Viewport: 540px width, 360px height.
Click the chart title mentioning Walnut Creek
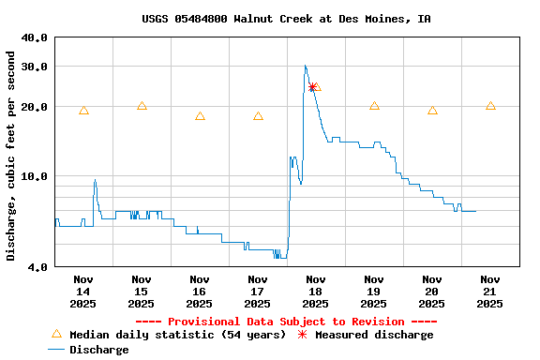(286, 19)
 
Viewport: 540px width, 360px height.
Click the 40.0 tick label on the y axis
(35, 37)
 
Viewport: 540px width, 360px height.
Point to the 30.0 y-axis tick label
(35, 67)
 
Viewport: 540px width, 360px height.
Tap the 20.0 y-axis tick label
(35, 107)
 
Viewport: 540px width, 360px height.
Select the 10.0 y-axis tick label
(35, 176)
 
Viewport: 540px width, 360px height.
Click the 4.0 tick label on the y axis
(37, 267)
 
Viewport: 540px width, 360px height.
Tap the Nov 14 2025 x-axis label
(83, 291)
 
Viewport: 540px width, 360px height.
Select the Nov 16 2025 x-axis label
(200, 291)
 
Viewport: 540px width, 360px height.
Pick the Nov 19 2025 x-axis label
(374, 291)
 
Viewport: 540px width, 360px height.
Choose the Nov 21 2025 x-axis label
(490, 291)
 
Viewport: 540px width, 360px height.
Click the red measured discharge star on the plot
(312, 87)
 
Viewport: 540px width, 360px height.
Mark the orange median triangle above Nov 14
(83, 111)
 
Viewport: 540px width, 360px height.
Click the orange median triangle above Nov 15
(142, 106)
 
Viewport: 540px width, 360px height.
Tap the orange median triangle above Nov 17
(258, 116)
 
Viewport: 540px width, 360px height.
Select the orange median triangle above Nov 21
(490, 106)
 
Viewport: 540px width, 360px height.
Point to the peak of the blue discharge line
(305, 66)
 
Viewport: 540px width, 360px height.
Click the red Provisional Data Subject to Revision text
(286, 322)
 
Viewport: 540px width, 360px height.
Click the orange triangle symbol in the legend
(56, 334)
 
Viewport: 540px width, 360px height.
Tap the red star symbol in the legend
(302, 335)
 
